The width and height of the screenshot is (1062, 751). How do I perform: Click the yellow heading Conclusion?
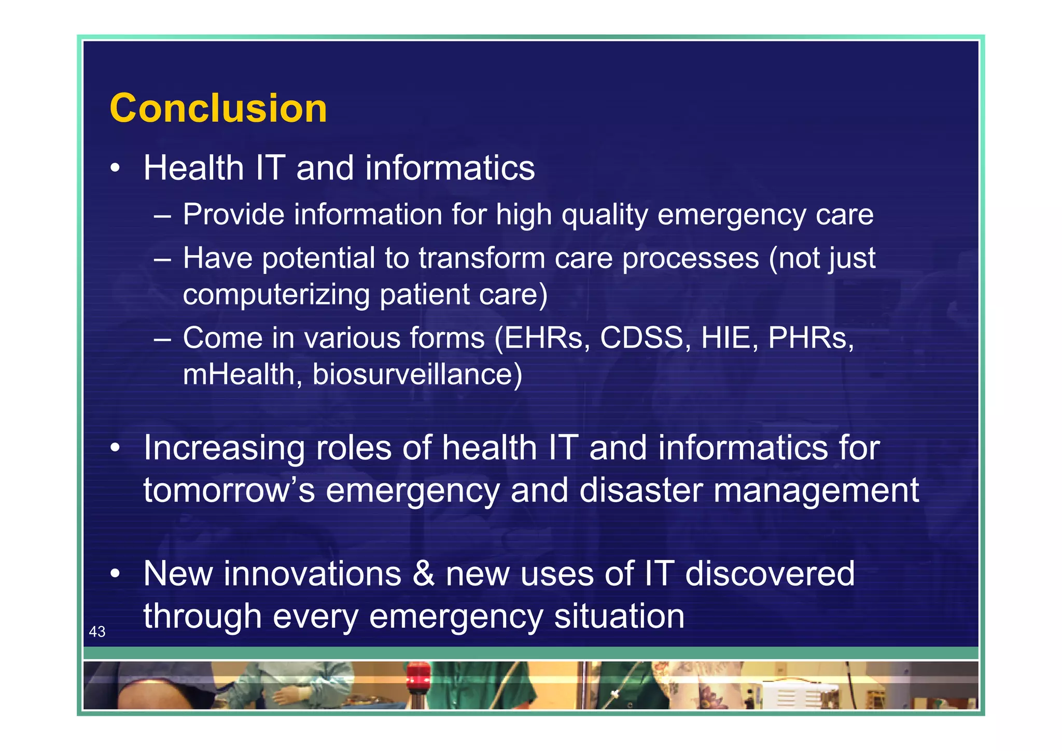[218, 108]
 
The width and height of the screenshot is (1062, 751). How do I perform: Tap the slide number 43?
[97, 631]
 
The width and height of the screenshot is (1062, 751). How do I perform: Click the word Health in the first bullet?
[193, 168]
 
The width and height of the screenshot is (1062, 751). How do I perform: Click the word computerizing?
[276, 295]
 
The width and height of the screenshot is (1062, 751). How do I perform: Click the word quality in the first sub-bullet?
[605, 215]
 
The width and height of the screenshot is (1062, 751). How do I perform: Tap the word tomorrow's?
[229, 490]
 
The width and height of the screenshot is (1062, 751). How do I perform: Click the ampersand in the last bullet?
[424, 574]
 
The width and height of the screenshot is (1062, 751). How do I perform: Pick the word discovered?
[770, 574]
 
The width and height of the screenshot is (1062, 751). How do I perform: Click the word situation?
[619, 616]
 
